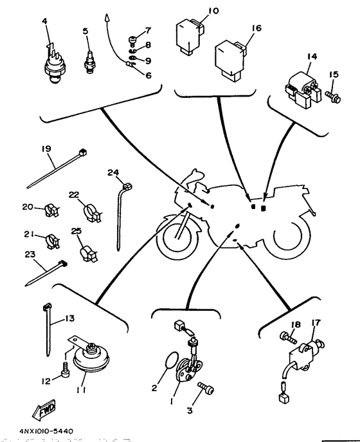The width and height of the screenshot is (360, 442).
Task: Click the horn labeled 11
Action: [91, 356]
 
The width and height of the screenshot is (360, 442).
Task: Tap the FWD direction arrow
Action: [44, 409]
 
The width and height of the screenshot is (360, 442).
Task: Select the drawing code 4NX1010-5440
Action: [46, 431]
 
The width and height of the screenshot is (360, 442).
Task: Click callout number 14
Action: [312, 57]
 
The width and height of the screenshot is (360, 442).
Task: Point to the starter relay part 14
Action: [303, 89]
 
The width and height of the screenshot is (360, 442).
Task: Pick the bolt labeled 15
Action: [333, 97]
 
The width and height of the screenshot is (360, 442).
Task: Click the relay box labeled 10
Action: [189, 35]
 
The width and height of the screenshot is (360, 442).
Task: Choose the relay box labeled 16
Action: [230, 60]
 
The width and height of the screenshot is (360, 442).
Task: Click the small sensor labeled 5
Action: [89, 62]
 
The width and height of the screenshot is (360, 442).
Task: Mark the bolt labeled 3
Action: [206, 389]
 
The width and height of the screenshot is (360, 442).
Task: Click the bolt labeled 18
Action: [288, 337]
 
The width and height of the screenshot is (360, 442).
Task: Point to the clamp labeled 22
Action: [93, 212]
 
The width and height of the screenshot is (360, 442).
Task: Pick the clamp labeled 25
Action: [88, 253]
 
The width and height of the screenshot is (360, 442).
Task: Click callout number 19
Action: [46, 149]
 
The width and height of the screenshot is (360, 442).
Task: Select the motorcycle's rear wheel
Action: [287, 235]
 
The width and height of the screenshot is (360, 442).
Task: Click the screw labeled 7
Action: [132, 41]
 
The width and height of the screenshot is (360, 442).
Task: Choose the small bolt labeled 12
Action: [66, 370]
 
